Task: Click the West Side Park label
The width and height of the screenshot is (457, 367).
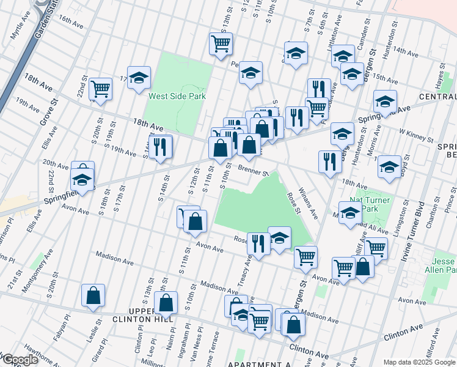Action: (x=177, y=96)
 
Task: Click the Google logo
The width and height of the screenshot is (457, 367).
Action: (x=20, y=360)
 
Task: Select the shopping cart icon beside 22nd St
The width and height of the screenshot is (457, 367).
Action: (x=100, y=89)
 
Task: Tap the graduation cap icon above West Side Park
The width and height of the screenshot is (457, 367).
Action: (x=139, y=77)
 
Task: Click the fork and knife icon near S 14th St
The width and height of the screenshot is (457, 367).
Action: (x=161, y=147)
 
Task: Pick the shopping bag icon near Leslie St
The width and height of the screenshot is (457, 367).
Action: (x=93, y=295)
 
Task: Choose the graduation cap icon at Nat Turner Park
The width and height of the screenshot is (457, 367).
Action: (x=350, y=213)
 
